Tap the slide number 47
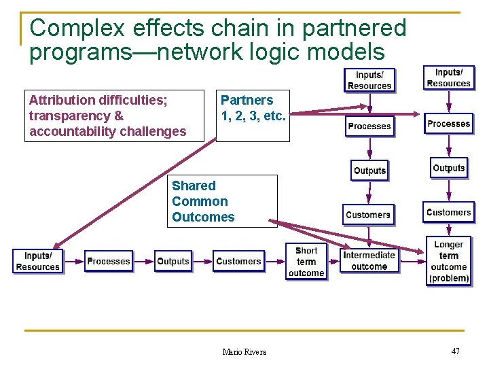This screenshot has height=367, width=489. pos(455,351)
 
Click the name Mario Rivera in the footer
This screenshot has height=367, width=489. pos(244,351)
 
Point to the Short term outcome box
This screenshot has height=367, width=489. pos(306,262)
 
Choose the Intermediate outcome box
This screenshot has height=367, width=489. pos(369,261)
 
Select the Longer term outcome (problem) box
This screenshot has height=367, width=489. pos(448,261)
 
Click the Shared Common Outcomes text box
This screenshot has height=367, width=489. pos(224,201)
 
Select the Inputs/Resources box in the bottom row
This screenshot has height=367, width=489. pos(37,261)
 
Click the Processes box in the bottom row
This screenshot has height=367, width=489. pos(109,261)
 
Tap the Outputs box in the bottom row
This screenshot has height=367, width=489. pos(173,261)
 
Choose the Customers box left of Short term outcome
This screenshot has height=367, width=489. pos(238,261)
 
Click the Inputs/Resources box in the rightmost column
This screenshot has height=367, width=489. pos(448,77)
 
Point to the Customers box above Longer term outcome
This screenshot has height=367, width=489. pos(448,212)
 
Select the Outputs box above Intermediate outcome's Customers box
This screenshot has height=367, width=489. pos(369,170)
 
